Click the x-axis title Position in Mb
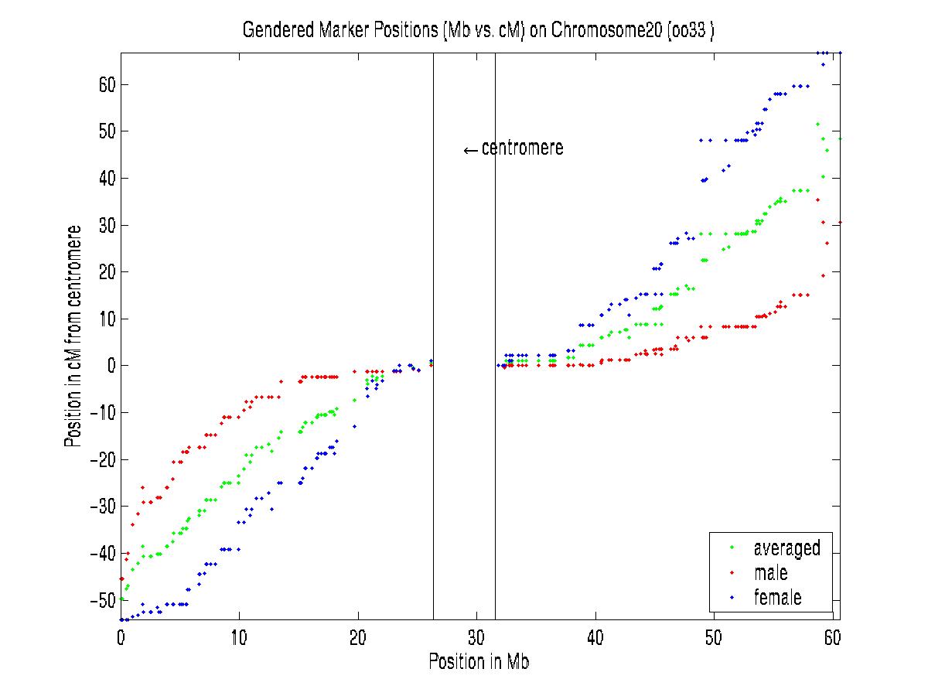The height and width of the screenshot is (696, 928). (x=479, y=662)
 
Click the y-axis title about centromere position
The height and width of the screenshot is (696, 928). (x=73, y=336)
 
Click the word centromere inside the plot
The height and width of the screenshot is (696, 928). (x=523, y=148)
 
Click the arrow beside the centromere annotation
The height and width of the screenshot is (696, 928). (x=470, y=150)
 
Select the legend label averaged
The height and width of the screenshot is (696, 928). (x=786, y=548)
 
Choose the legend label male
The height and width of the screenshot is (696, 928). (x=770, y=573)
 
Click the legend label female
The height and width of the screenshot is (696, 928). (x=777, y=597)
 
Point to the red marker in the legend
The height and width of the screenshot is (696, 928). (x=732, y=574)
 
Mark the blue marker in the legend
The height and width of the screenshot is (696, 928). (x=732, y=598)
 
